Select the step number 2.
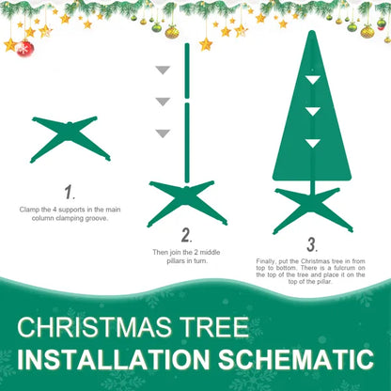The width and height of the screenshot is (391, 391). point(186,235)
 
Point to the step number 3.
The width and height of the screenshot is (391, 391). point(311,244)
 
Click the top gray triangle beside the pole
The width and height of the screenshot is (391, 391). point(163,70)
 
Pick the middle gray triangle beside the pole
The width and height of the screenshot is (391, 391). point(163,102)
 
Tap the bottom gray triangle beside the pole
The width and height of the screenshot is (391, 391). point(163,133)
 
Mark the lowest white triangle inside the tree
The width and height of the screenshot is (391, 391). point(312,143)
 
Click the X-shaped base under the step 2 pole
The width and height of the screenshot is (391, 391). point(186,200)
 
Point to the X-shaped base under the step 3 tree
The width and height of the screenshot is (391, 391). point(312,210)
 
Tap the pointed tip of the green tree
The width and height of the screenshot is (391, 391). point(312,34)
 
